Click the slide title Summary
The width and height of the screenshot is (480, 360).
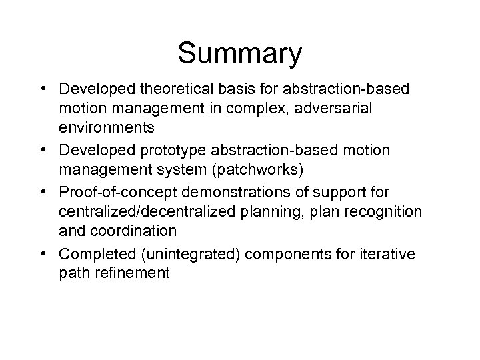[240, 55]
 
